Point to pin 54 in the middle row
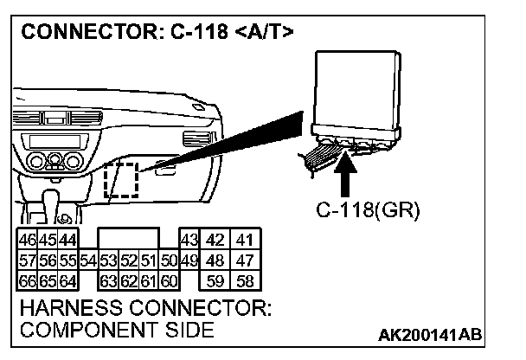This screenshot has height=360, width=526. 87,259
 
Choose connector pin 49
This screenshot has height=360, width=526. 189,259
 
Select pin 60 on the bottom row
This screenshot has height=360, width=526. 169,280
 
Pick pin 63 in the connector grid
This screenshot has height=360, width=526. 108,280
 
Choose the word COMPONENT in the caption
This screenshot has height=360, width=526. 78,331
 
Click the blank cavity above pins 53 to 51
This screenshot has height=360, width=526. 128,238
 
